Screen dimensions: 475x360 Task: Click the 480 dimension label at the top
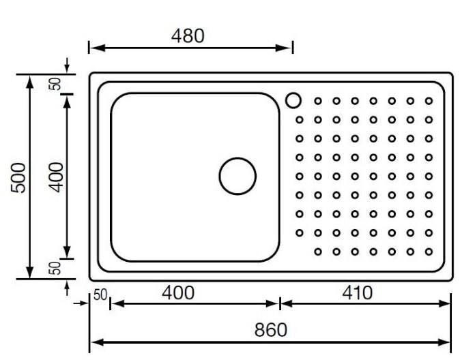[188, 35]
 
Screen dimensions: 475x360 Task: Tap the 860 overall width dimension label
[270, 330]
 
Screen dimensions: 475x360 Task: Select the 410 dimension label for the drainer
[358, 292]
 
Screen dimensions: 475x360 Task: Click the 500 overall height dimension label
[18, 177]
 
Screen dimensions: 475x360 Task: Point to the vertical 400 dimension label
[57, 177]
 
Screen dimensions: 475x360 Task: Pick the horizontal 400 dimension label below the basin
[178, 292]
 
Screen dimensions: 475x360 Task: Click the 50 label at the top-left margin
[55, 84]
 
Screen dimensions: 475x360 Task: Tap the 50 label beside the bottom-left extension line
[55, 268]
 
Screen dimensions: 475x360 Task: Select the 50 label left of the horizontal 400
[100, 295]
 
